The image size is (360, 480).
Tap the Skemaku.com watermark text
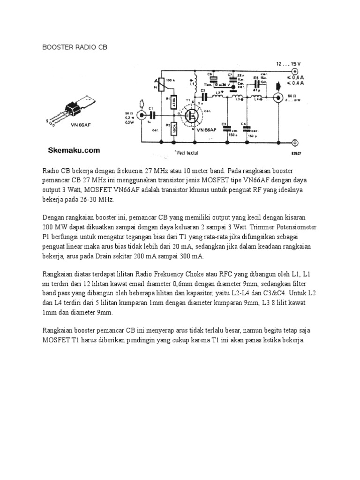click(x=75, y=150)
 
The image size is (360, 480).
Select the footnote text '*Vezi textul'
click(x=186, y=153)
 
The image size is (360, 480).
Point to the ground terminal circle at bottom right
click(x=294, y=142)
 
